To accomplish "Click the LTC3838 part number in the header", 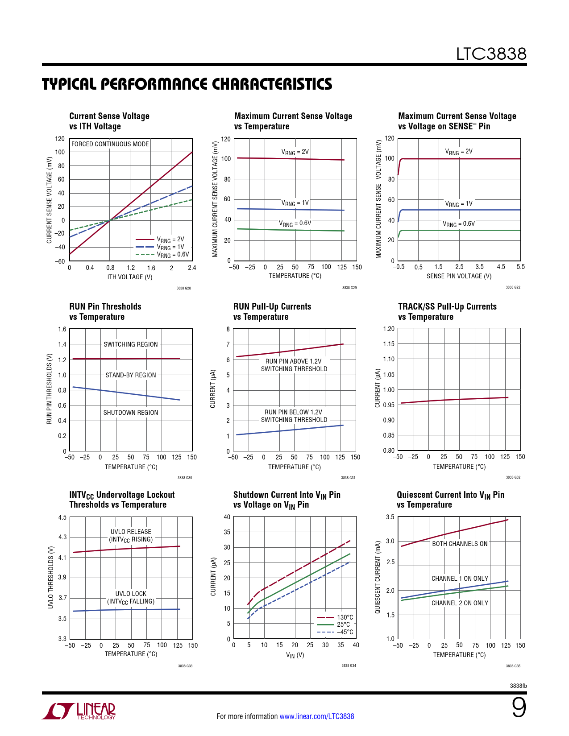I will tap(491, 54).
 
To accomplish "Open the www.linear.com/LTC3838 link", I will tap(316, 716).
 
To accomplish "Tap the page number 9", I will tap(519, 708).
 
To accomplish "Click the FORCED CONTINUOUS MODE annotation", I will tap(110, 144).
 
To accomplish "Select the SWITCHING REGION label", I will tap(131, 344).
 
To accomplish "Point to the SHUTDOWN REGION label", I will tap(131, 413).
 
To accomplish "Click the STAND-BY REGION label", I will tap(131, 375).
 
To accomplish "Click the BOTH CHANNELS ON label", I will tap(460, 544).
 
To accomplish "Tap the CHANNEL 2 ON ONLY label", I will tap(460, 603).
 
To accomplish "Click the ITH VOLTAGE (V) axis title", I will tap(130, 277).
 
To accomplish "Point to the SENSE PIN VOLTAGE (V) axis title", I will tap(459, 276).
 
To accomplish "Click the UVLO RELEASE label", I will tap(131, 532).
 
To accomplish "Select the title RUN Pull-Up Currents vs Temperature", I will tap(272, 312).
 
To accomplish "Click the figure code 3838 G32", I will tap(513, 477).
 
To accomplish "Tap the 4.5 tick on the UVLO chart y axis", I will tap(62, 517).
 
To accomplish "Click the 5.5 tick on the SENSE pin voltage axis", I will tap(520, 267).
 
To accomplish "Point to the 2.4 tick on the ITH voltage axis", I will tap(192, 268).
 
